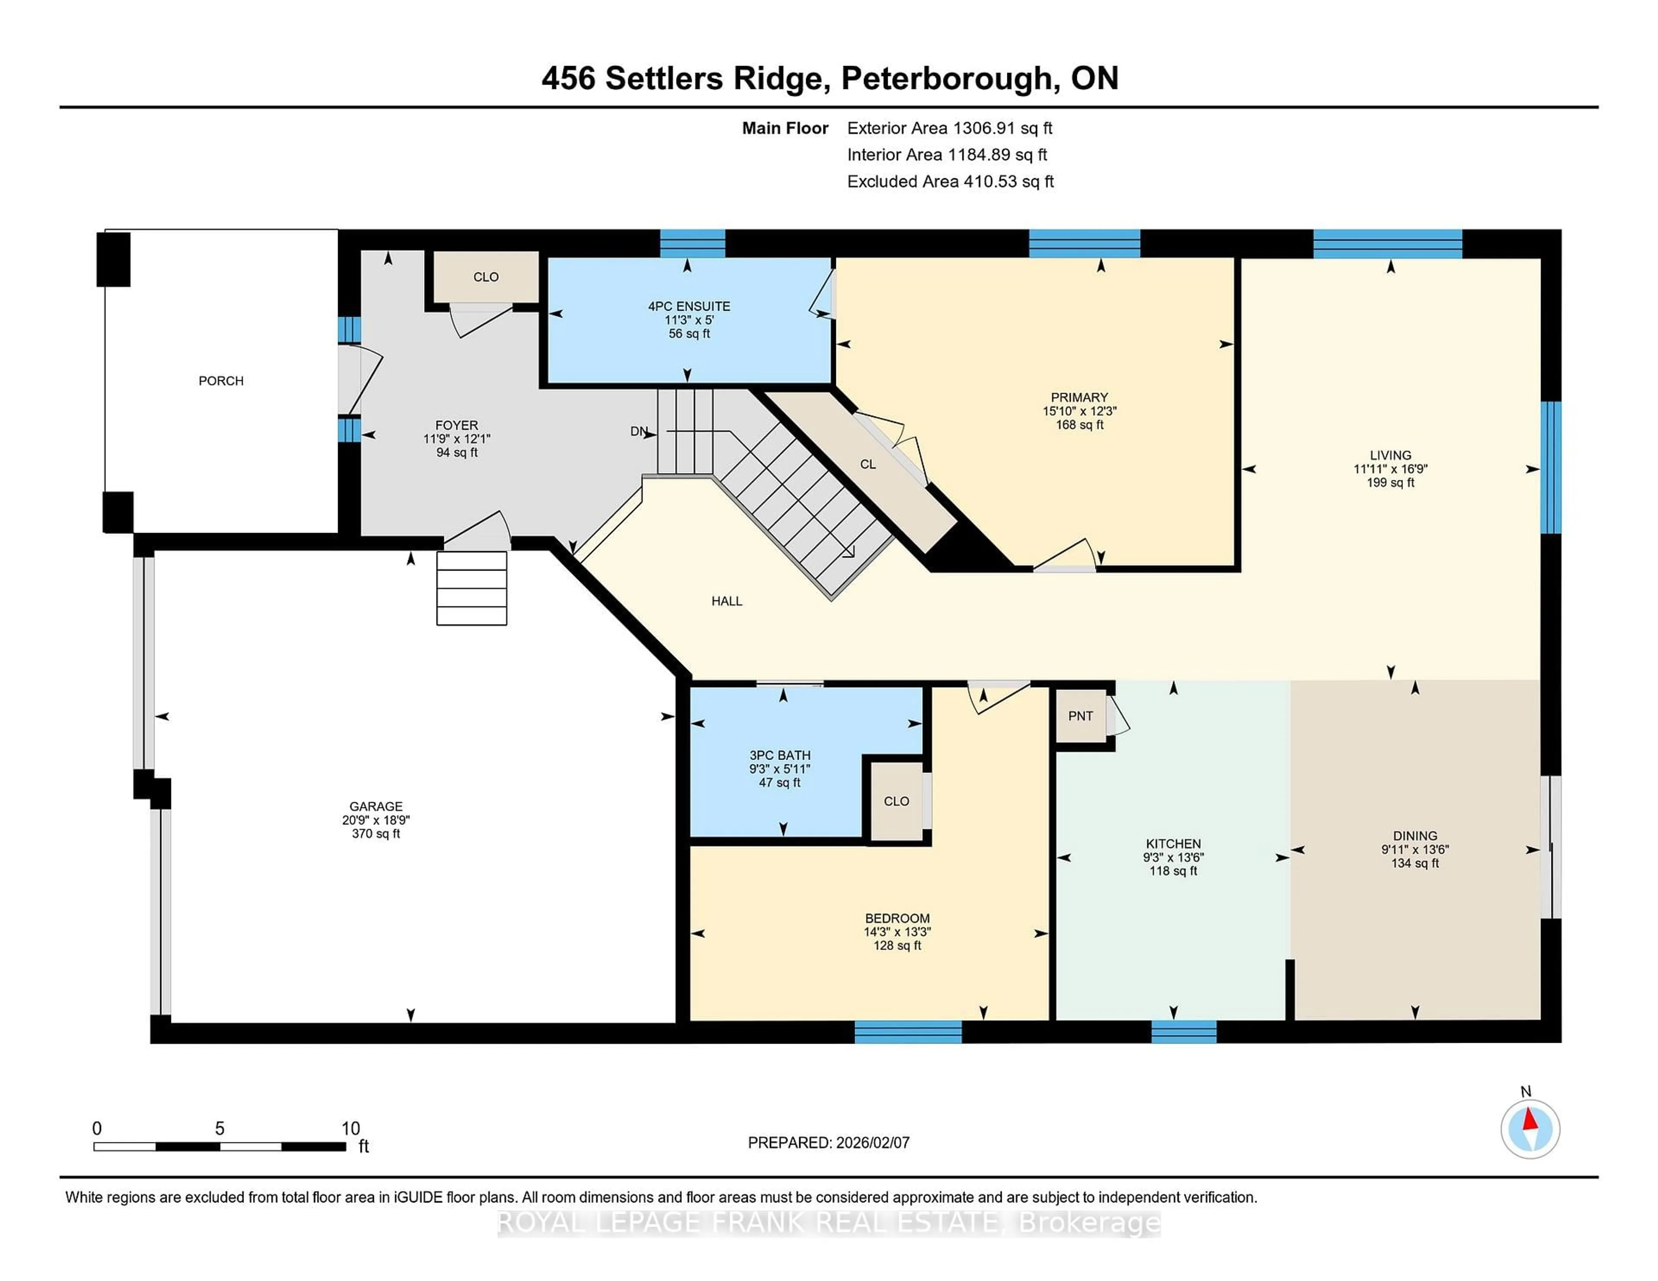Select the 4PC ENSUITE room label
(x=689, y=306)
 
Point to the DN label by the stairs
(x=639, y=432)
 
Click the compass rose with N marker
(x=1530, y=1129)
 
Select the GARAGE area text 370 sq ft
(x=376, y=834)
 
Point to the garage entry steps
(x=471, y=588)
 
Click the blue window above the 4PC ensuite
(x=693, y=243)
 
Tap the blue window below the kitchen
(x=1183, y=1032)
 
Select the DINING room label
(x=1414, y=836)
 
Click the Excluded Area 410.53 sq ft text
(x=950, y=181)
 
